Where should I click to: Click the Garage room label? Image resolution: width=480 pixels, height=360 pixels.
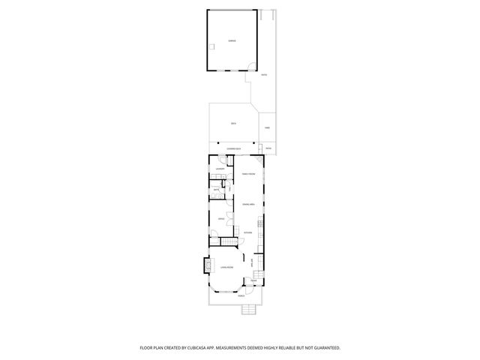click(x=232, y=40)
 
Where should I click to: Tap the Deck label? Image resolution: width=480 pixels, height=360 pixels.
click(x=234, y=123)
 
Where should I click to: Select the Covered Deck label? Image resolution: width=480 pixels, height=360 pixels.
click(x=234, y=150)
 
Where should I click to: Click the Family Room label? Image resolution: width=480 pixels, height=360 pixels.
click(x=248, y=174)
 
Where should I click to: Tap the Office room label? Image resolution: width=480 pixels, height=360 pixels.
click(x=221, y=218)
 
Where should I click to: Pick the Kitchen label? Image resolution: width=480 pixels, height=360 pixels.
click(x=248, y=233)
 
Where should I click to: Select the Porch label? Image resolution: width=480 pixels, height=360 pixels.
click(x=241, y=296)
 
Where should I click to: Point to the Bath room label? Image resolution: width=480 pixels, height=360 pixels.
click(x=216, y=190)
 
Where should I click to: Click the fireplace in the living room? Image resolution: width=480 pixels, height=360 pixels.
click(x=208, y=265)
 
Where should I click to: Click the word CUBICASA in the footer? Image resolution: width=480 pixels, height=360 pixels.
click(x=214, y=347)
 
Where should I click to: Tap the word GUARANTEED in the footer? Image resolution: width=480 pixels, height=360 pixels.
click(x=324, y=347)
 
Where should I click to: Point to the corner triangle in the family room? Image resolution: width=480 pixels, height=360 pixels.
click(x=259, y=160)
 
